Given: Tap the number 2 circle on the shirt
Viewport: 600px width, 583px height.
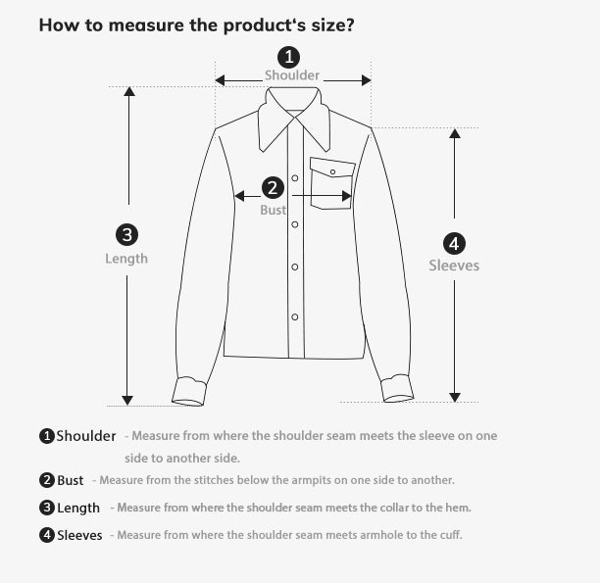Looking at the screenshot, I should (x=273, y=187).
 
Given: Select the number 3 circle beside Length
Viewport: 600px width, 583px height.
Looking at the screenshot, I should (x=126, y=234).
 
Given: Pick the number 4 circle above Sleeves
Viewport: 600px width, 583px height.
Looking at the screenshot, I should (x=454, y=243).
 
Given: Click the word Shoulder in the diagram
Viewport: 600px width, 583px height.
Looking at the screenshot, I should (x=292, y=75).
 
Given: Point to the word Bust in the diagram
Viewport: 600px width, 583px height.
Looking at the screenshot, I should (x=273, y=210).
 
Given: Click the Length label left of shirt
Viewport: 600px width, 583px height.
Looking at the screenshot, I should (x=126, y=259).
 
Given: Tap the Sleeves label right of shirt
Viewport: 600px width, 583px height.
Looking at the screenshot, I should (x=454, y=266).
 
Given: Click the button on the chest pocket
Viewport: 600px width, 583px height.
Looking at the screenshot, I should (x=332, y=171).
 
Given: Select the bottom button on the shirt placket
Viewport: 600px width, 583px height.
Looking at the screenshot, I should (x=294, y=316).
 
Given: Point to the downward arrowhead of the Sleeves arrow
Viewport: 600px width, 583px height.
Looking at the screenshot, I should (x=454, y=395).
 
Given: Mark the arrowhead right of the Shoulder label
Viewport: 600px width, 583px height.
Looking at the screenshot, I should (x=365, y=80).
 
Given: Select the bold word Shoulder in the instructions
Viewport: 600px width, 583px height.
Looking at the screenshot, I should (x=86, y=436).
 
